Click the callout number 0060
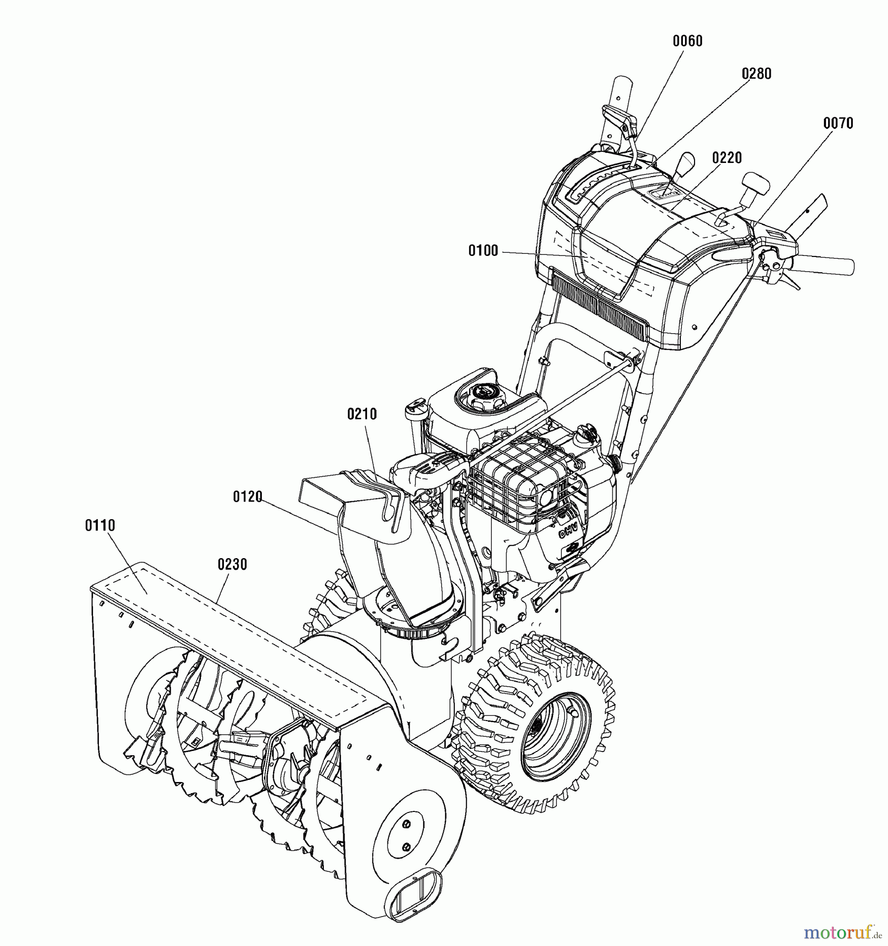pyautogui.click(x=688, y=41)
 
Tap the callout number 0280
pyautogui.click(x=757, y=74)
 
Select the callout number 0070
pyautogui.click(x=838, y=124)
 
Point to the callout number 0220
pyautogui.click(x=727, y=158)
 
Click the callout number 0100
pyautogui.click(x=483, y=251)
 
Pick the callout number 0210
pyautogui.click(x=362, y=415)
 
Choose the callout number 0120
pyautogui.click(x=248, y=497)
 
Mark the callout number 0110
pyautogui.click(x=100, y=525)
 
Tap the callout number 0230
pyautogui.click(x=232, y=564)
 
